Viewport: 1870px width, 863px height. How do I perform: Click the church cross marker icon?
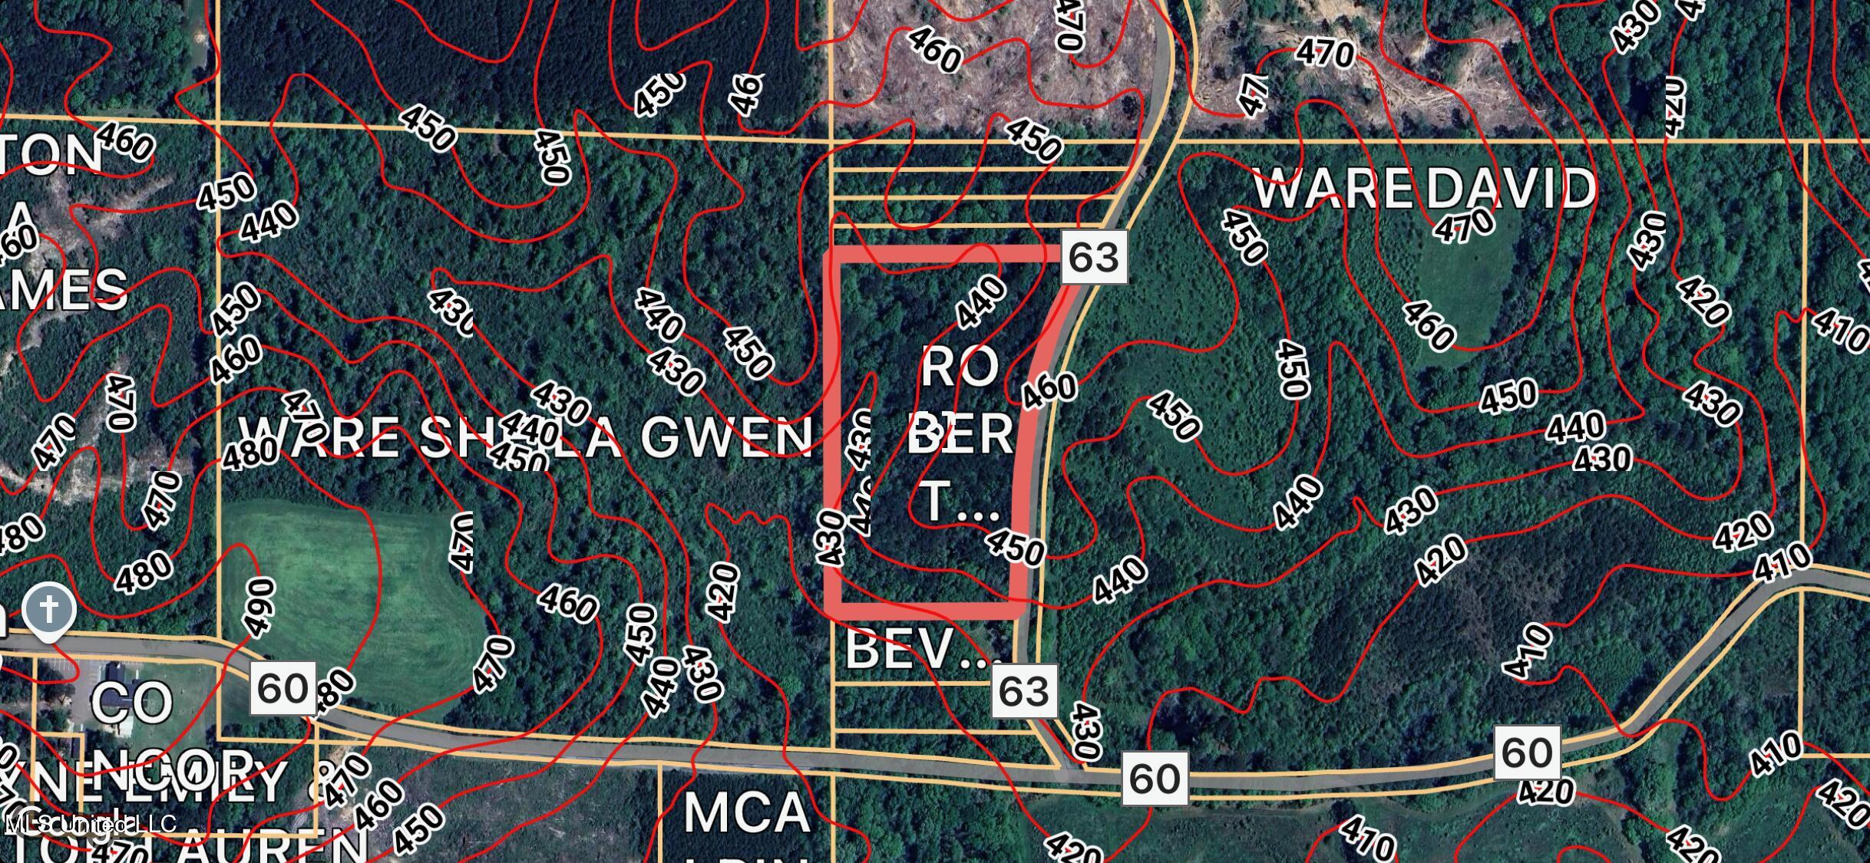[x=49, y=611]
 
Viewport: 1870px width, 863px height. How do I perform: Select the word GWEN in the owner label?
[x=726, y=437]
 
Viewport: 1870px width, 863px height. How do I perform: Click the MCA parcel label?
[x=746, y=813]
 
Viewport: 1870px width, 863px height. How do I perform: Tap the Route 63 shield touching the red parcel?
[x=1094, y=257]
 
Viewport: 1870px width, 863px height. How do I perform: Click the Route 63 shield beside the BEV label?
[x=1024, y=692]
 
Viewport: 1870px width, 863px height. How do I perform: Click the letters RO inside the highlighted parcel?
[x=959, y=367]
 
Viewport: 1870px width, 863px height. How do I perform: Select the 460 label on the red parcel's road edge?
[x=1049, y=389]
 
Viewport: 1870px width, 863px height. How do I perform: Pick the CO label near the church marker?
[x=132, y=703]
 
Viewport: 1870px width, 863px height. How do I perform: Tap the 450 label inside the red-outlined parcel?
[x=1015, y=546]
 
